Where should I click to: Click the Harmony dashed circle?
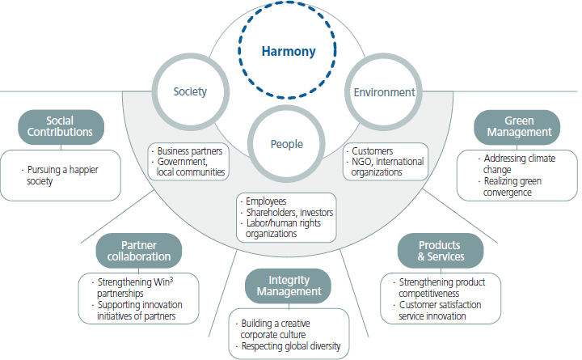290,52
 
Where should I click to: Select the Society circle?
190,91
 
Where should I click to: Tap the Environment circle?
385,92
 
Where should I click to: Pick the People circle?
286,144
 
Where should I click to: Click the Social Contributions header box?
58,127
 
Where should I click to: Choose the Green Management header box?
518,127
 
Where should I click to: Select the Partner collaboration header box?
138,251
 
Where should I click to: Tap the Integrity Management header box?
288,285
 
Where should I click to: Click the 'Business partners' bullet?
189,151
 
